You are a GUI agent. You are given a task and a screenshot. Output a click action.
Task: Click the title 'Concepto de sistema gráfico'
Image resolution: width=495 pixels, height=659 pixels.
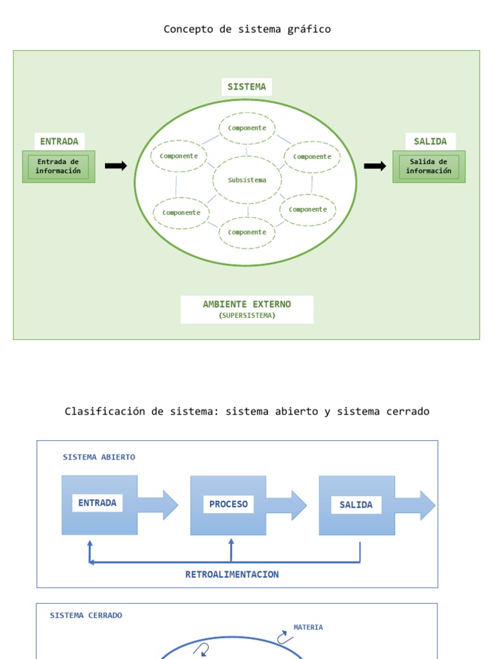247,30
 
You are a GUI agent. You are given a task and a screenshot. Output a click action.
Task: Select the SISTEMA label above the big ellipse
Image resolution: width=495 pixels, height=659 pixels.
247,87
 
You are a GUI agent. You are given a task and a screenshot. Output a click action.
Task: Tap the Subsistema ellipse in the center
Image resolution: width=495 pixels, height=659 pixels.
247,180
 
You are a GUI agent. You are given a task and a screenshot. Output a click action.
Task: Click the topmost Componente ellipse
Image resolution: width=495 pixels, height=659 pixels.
247,128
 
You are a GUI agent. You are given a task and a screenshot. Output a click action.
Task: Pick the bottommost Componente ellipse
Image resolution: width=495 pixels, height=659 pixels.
247,232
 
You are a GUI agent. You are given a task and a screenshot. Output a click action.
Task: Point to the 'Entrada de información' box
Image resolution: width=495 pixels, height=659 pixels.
59,167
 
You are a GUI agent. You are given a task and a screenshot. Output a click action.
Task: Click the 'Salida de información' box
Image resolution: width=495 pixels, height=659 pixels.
429,167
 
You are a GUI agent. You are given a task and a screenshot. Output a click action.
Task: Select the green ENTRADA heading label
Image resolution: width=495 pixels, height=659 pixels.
59,142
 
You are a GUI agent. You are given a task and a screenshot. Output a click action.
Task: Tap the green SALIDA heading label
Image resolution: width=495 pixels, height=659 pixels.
430,142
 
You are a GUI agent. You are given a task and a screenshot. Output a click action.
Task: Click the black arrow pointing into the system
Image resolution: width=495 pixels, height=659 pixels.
116,165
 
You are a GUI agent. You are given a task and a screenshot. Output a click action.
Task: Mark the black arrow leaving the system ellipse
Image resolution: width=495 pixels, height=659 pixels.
375,166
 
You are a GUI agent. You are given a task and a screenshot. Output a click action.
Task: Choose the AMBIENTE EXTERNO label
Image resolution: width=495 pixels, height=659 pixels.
247,304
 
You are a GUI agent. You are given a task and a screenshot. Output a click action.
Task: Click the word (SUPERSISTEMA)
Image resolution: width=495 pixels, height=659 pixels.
247,315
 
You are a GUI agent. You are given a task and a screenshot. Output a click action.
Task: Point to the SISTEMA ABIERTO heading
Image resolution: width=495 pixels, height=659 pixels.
99,458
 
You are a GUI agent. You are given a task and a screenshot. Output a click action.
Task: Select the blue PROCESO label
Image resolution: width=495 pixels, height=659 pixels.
229,505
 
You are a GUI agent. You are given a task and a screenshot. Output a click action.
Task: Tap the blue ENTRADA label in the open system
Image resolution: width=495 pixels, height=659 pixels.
97,503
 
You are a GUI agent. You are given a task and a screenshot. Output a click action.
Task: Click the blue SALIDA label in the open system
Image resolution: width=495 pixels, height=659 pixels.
356,505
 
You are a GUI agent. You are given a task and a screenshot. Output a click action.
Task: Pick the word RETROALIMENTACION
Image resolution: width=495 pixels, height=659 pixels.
232,575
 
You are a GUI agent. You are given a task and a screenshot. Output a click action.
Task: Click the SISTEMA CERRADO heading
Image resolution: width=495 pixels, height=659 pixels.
86,615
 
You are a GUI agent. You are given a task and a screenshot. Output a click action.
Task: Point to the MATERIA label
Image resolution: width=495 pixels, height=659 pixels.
308,627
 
